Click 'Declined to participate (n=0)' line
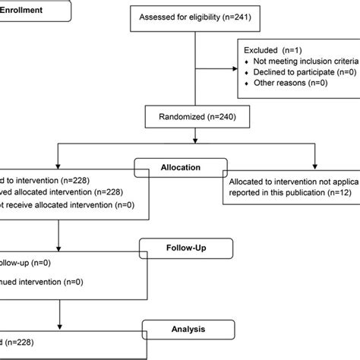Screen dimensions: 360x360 (300, 71)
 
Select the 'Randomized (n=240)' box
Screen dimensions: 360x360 (197, 117)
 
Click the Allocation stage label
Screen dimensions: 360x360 (180, 166)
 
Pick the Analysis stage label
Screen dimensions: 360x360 (183, 327)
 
